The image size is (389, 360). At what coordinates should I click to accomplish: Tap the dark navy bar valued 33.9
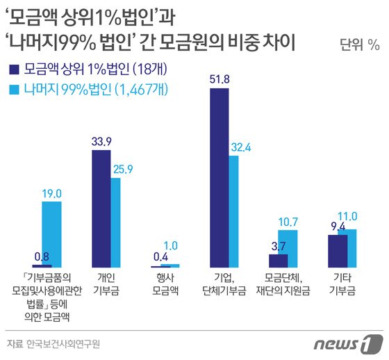click(101, 208)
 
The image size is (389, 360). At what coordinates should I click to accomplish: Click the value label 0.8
click(41, 256)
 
